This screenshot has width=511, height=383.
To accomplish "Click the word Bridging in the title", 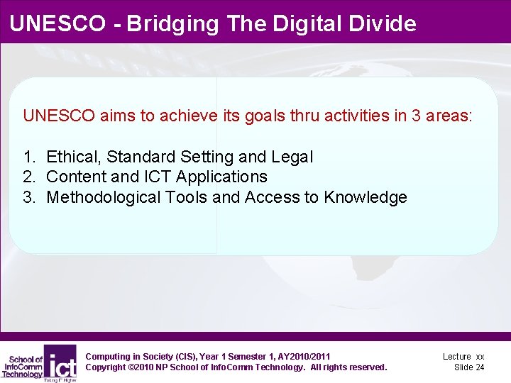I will [181, 24].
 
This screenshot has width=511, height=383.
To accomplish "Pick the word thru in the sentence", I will [305, 116].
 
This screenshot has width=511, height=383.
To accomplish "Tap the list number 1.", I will [28, 157].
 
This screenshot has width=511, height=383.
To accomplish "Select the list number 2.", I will [28, 177].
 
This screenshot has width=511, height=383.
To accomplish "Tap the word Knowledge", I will [366, 197].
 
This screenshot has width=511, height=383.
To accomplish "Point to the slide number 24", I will [479, 367].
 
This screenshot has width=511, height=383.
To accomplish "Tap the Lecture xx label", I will [463, 356].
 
